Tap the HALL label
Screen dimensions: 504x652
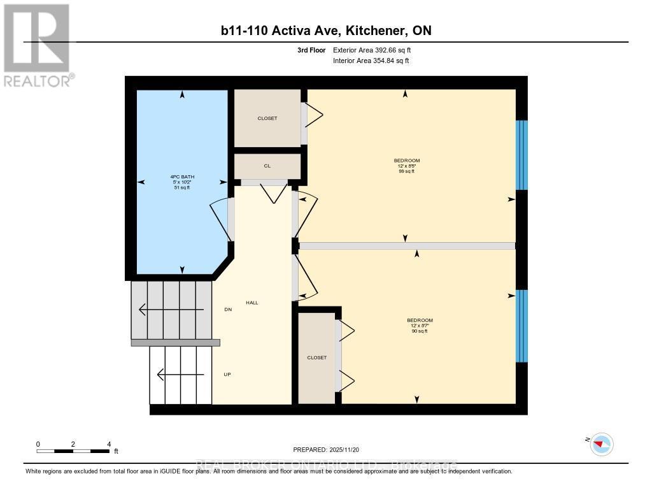252,303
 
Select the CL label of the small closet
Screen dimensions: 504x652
267,166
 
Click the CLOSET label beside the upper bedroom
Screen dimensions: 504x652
267,118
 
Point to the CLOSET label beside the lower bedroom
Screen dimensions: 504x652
316,357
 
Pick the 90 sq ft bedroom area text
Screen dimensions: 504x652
420,331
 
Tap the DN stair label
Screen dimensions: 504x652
228,310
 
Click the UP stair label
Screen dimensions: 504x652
227,374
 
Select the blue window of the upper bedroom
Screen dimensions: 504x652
521,155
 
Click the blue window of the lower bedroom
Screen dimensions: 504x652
521,326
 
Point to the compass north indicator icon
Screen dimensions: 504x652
601,443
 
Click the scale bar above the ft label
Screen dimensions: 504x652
73,451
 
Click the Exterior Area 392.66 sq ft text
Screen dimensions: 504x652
376,50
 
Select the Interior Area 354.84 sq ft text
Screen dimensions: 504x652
371,61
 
